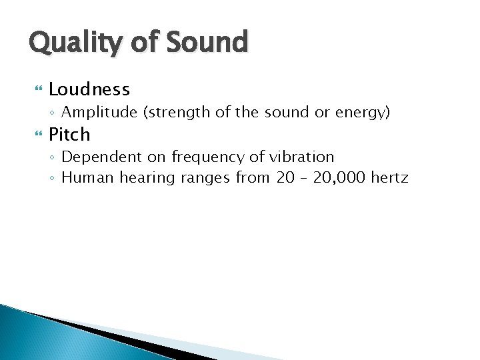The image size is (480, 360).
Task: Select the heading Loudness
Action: click(89, 89)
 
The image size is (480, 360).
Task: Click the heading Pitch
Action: click(69, 135)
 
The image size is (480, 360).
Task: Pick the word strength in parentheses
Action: click(175, 113)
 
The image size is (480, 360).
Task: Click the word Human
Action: click(88, 177)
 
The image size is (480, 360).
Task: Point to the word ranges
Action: click(203, 178)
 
